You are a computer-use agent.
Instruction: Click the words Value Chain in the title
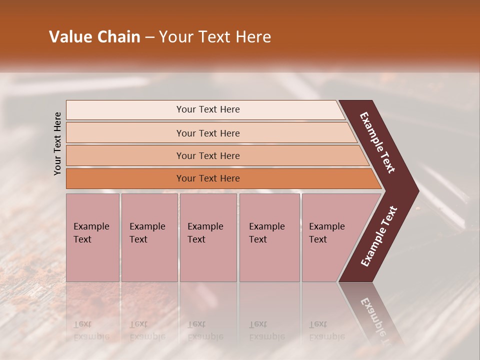point(94,37)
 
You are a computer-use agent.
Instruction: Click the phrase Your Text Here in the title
point(215,37)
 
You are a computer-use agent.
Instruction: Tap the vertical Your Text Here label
point(57,144)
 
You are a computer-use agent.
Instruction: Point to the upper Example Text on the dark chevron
point(377,142)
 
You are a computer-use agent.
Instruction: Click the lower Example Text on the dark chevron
point(378,236)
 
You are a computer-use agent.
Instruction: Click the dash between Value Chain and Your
point(149,37)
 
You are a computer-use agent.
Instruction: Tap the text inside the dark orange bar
point(208,178)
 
